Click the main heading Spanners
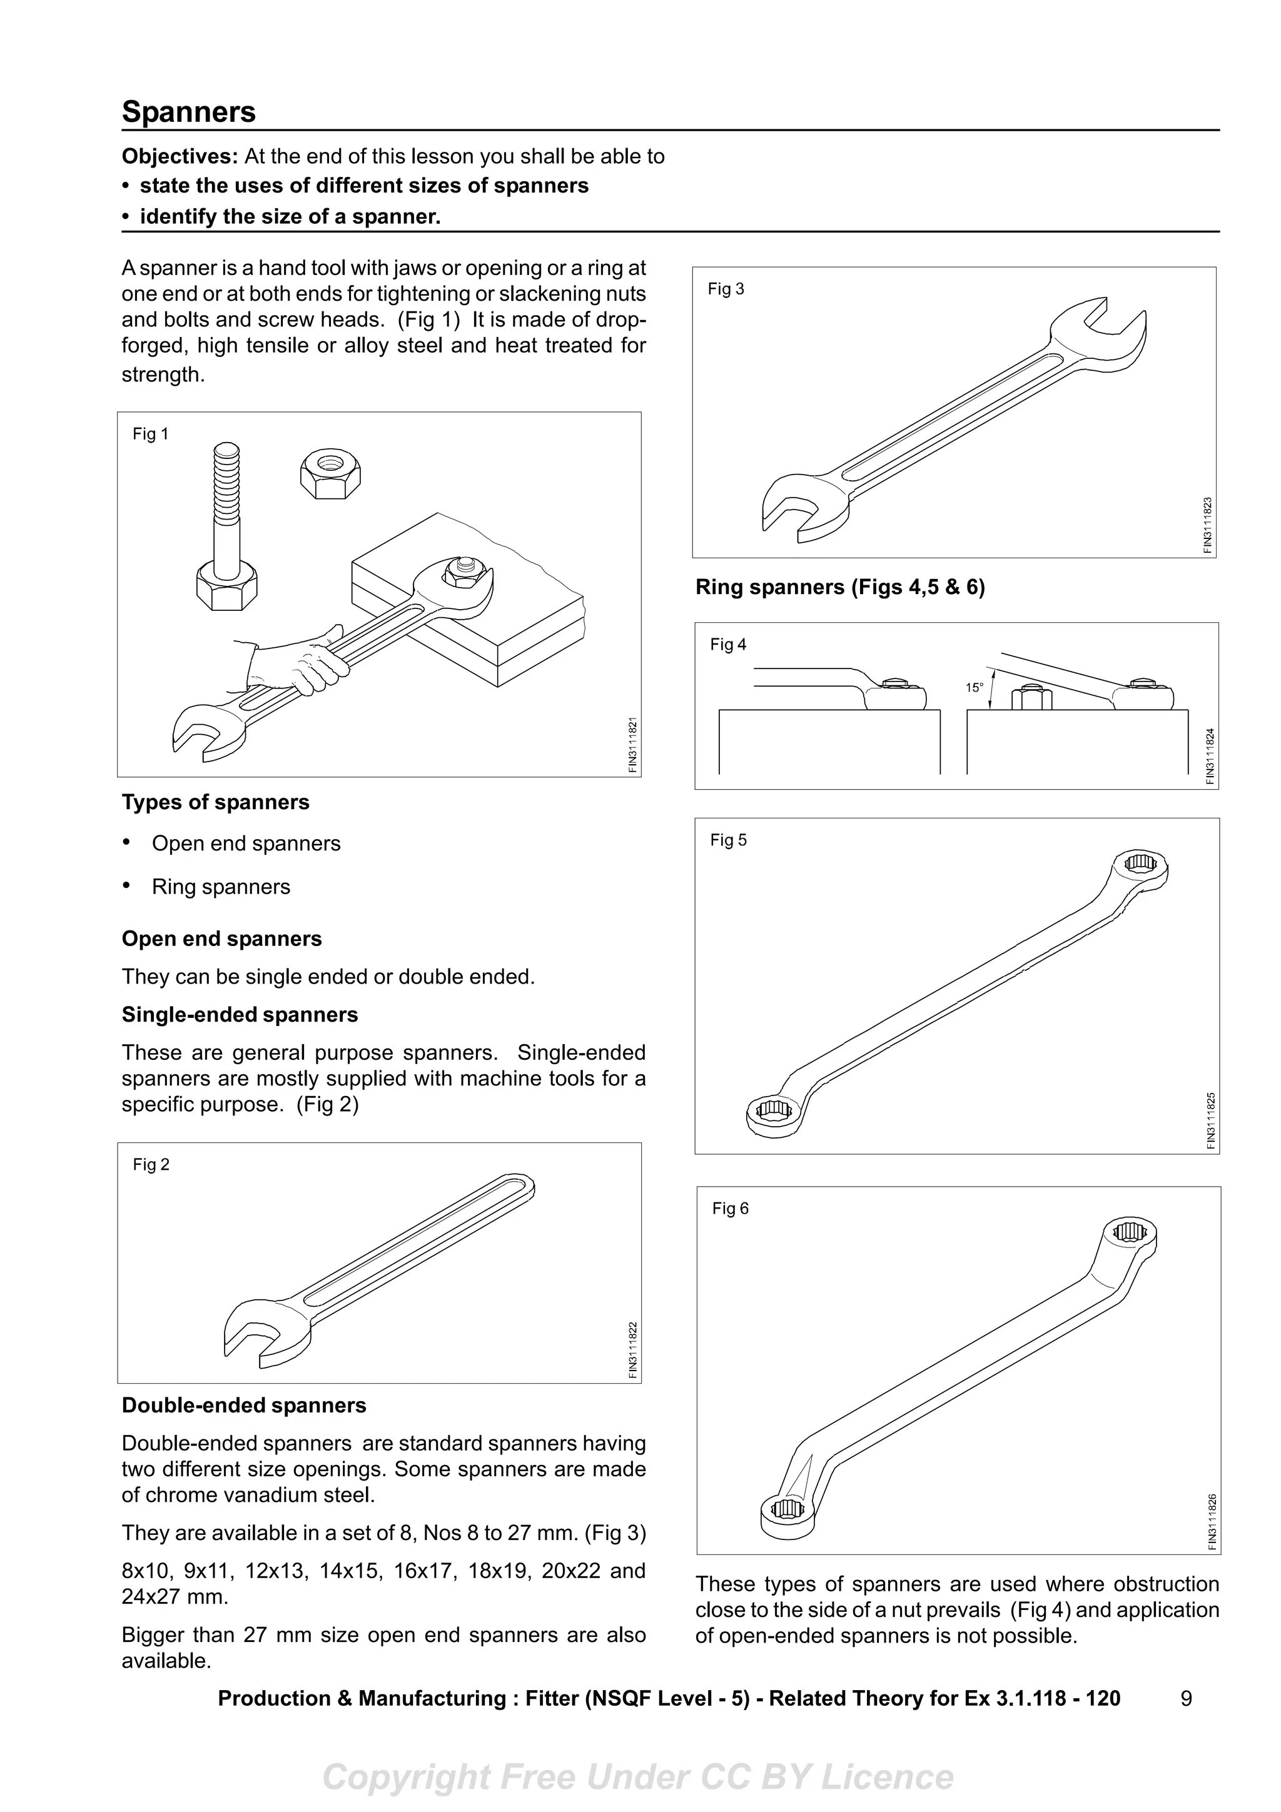click(x=189, y=111)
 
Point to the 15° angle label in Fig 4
click(x=974, y=687)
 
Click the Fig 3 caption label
click(x=726, y=289)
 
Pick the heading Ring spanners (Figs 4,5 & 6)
click(x=840, y=587)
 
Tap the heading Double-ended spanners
click(x=244, y=1406)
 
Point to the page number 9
click(x=1187, y=1698)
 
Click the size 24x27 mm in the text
click(x=174, y=1596)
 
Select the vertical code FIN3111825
click(x=1211, y=1120)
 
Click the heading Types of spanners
click(x=215, y=803)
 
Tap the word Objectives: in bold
click(x=179, y=156)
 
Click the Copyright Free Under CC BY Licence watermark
click(x=638, y=1777)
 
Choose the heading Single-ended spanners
click(x=239, y=1015)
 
